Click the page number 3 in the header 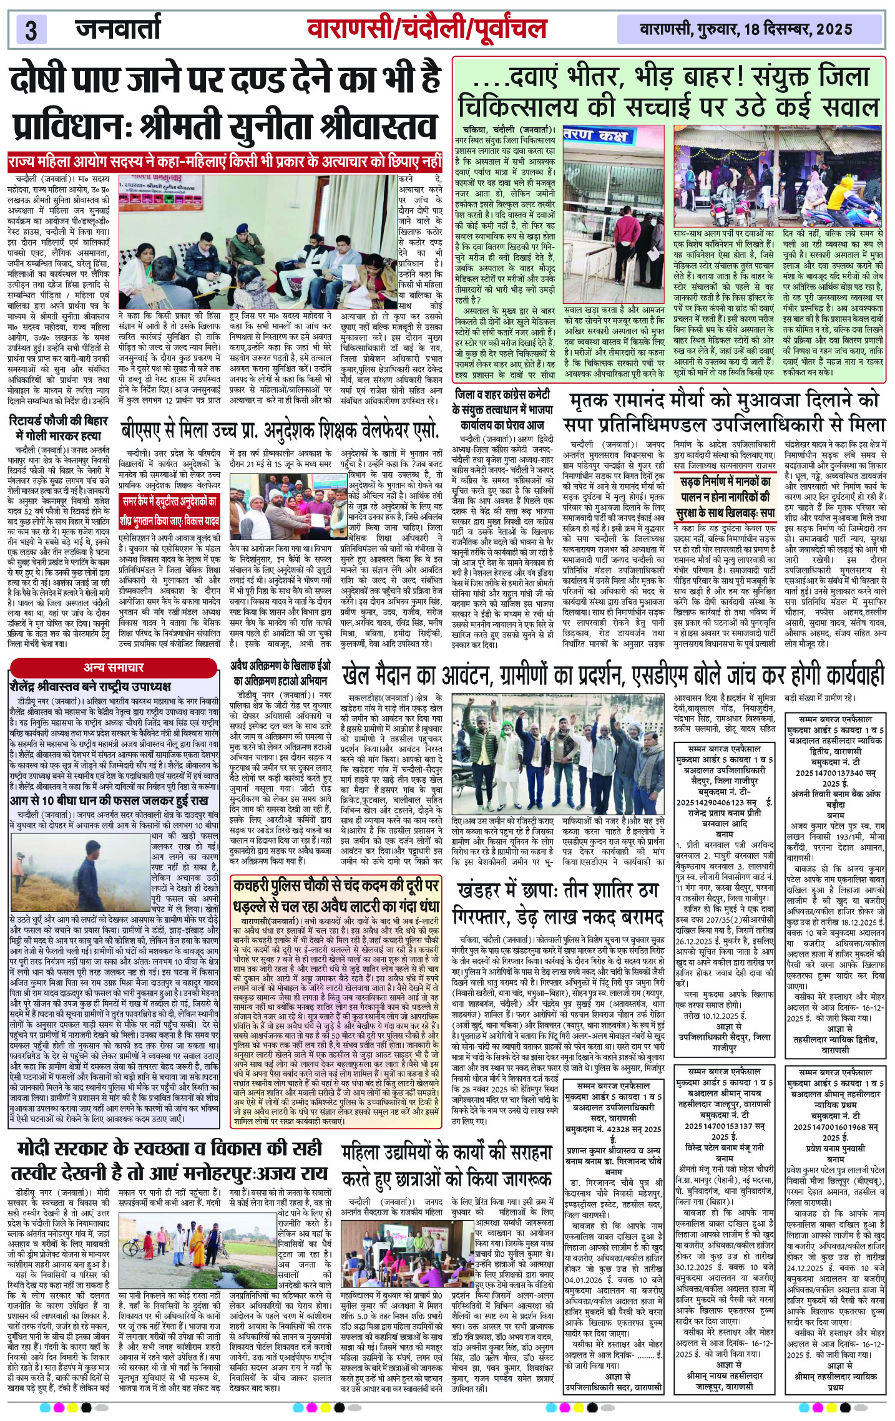pyautogui.click(x=31, y=29)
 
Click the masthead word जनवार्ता pyautogui.click(x=119, y=28)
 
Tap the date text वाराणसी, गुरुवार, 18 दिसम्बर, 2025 pyautogui.click(x=746, y=29)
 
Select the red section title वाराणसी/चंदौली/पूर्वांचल pyautogui.click(x=427, y=29)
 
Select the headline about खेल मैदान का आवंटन pyautogui.click(x=613, y=674)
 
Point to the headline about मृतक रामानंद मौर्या pyautogui.click(x=724, y=412)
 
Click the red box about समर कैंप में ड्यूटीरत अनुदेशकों pyautogui.click(x=170, y=511)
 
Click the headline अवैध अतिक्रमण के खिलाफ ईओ pyautogui.click(x=281, y=672)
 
